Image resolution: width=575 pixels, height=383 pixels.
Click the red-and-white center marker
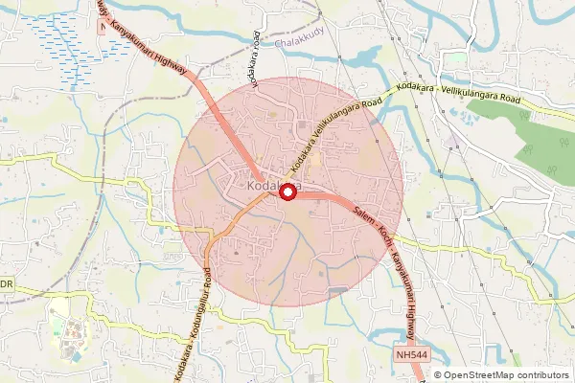(287, 192)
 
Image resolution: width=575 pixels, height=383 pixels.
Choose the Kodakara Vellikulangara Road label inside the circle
(326, 134)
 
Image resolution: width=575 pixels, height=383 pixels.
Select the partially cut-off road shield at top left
(103, 28)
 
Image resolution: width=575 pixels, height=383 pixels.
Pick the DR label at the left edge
(6, 284)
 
